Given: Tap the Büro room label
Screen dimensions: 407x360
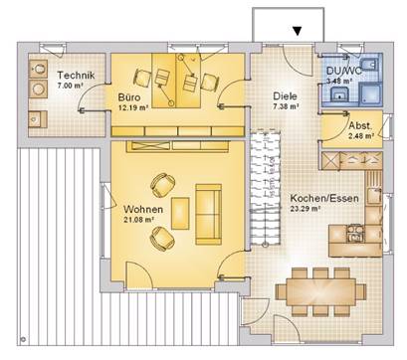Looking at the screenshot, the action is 129,97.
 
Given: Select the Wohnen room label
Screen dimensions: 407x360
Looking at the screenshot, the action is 143,210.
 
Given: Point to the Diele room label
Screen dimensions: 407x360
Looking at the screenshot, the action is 285,96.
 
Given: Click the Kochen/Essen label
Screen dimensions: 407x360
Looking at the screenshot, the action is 324,199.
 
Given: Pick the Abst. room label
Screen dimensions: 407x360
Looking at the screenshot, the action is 360,126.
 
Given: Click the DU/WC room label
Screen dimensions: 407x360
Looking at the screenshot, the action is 344,71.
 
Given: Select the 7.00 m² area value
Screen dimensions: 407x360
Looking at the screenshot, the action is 70,86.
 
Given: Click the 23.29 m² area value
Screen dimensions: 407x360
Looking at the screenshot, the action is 305,209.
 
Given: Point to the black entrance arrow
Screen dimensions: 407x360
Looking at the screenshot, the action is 298,31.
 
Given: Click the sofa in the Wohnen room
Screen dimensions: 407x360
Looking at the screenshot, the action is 208,215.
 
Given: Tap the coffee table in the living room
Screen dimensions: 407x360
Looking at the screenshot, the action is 180,214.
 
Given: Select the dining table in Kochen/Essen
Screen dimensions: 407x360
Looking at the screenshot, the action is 320,291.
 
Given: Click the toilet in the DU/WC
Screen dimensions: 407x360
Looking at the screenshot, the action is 368,65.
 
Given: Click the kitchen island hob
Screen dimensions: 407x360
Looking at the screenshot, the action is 355,233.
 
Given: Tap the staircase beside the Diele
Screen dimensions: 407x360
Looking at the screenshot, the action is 266,187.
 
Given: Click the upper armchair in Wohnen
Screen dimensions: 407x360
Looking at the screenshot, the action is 163,185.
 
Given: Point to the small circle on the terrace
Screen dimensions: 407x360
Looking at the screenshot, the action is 23,339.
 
